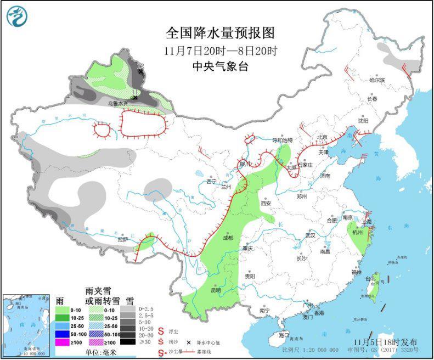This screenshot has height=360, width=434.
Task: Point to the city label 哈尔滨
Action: [377, 80]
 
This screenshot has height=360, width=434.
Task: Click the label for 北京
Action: [322, 137]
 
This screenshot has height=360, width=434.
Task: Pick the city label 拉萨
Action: [122, 239]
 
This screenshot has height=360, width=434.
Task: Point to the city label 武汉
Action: [312, 235]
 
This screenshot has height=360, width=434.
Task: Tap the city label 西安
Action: [266, 203]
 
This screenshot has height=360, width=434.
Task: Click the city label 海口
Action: [284, 335]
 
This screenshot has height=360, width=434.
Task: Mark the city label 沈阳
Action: [363, 120]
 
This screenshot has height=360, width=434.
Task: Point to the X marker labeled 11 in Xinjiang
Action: [135, 98]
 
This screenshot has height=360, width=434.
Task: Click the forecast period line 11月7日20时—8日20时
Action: [219, 50]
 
